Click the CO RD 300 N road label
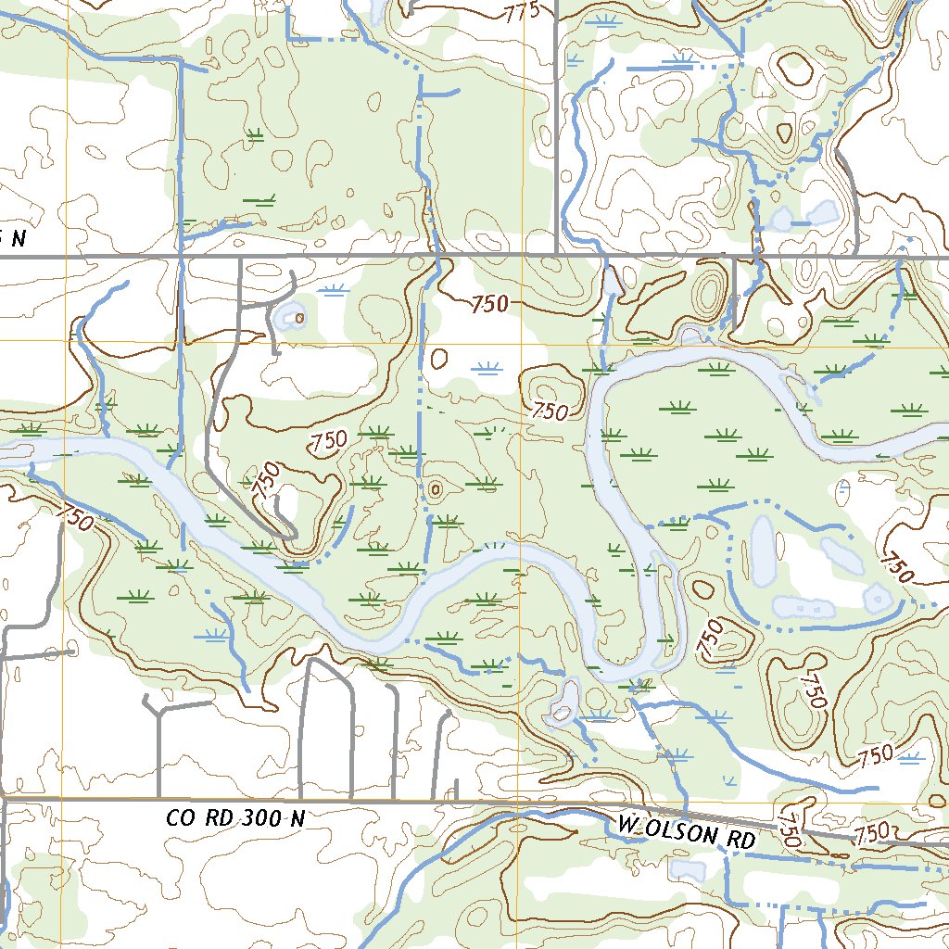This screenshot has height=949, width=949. [x=234, y=818]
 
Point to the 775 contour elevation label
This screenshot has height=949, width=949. [x=521, y=12]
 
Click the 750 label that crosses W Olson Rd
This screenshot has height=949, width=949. [x=790, y=827]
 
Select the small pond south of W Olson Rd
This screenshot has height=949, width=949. [x=687, y=869]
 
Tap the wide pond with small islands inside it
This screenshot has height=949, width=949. [x=803, y=608]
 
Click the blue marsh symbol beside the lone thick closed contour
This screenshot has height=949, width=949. [x=485, y=369]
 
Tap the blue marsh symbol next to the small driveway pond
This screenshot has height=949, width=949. [x=333, y=290]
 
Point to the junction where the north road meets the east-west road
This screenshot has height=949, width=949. [x=555, y=254]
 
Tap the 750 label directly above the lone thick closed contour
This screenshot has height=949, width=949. [x=489, y=303]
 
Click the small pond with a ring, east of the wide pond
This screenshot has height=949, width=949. [x=876, y=599]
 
